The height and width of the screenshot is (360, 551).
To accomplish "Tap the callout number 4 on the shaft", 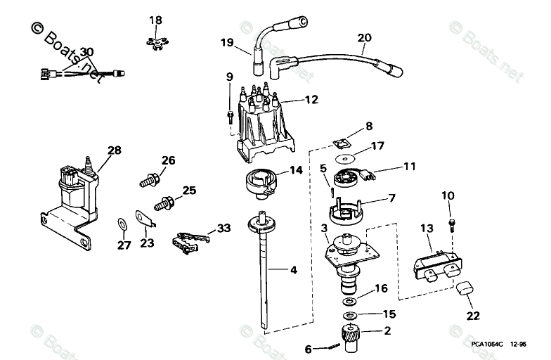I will click(294, 269).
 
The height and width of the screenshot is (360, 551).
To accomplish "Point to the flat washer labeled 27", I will click(121, 224).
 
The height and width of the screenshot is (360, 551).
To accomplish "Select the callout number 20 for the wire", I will click(365, 37).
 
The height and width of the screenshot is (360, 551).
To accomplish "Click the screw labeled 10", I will click(450, 225).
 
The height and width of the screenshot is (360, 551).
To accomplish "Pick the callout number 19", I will click(226, 43).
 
